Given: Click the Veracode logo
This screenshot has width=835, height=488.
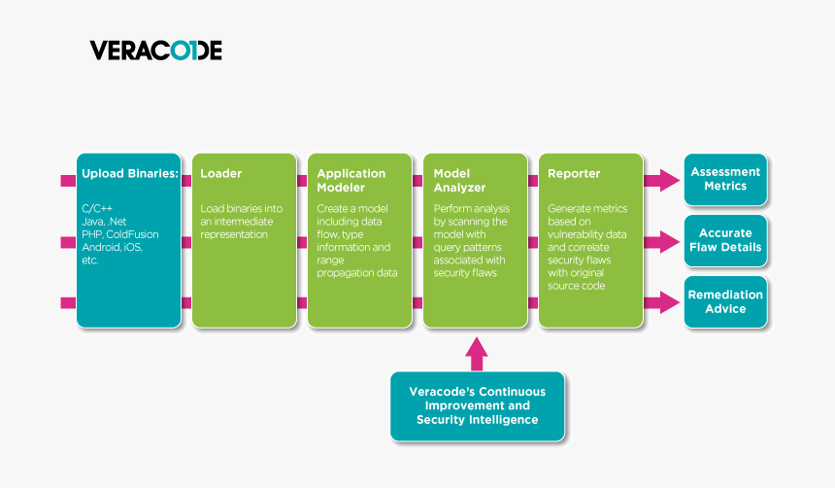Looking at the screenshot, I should click(x=155, y=51).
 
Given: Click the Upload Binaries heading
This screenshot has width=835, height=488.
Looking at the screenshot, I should click(x=129, y=174).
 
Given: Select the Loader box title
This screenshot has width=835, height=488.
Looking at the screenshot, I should click(x=221, y=174).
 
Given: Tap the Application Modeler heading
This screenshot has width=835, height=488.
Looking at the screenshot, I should click(x=351, y=180).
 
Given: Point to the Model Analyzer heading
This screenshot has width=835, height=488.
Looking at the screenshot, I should click(x=459, y=180).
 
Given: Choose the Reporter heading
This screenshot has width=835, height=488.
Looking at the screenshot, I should click(x=574, y=174).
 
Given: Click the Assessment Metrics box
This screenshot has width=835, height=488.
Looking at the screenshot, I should click(x=725, y=179).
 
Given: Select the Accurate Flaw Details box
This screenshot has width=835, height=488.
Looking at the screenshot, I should click(x=725, y=240).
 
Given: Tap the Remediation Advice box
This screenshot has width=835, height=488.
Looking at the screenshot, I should click(x=725, y=301).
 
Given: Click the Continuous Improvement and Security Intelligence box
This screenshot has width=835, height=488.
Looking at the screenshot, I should click(x=477, y=405).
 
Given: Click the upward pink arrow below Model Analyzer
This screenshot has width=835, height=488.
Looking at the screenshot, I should click(x=476, y=353).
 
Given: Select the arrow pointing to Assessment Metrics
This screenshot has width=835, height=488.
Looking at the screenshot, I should click(x=662, y=180).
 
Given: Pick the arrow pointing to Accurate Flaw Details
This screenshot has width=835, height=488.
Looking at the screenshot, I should click(x=662, y=241).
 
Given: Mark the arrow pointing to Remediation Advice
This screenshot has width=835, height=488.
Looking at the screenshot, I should click(x=662, y=302).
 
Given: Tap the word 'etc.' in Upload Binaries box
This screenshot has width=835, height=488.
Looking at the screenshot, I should click(x=91, y=261).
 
